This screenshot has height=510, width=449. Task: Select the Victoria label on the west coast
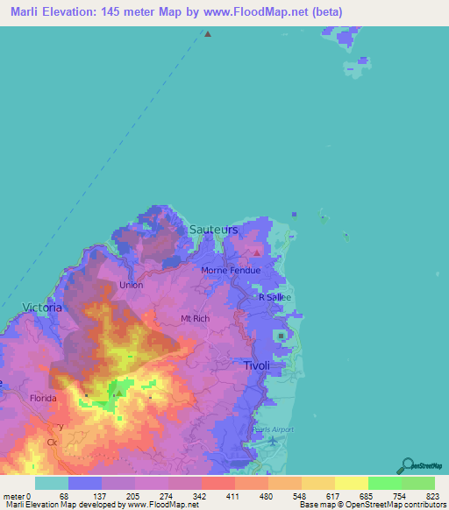tap(41, 308)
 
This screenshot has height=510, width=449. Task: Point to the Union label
tap(131, 285)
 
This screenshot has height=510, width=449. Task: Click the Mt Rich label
tap(195, 318)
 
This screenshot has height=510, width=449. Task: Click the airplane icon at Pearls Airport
tap(273, 440)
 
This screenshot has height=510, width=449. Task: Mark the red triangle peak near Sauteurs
tap(256, 254)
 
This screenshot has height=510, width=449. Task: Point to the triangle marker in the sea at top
tap(208, 34)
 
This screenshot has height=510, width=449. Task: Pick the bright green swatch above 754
tap(385, 483)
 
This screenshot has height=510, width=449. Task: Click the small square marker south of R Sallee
tap(281, 336)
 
